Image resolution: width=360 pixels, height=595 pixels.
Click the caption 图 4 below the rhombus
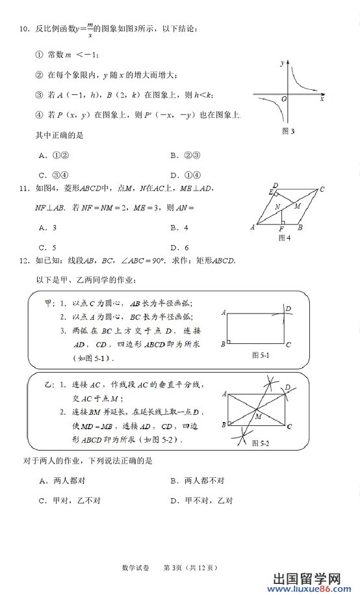pyautogui.click(x=284, y=238)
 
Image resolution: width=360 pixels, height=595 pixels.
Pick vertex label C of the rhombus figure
pyautogui.click(x=322, y=190)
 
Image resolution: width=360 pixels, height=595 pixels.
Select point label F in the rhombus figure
pyautogui.click(x=281, y=230)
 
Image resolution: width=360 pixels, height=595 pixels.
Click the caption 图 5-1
pyautogui.click(x=260, y=355)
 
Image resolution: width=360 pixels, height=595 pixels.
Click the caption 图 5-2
pyautogui.click(x=260, y=443)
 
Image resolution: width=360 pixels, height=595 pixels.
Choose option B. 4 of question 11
pyautogui.click(x=179, y=228)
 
